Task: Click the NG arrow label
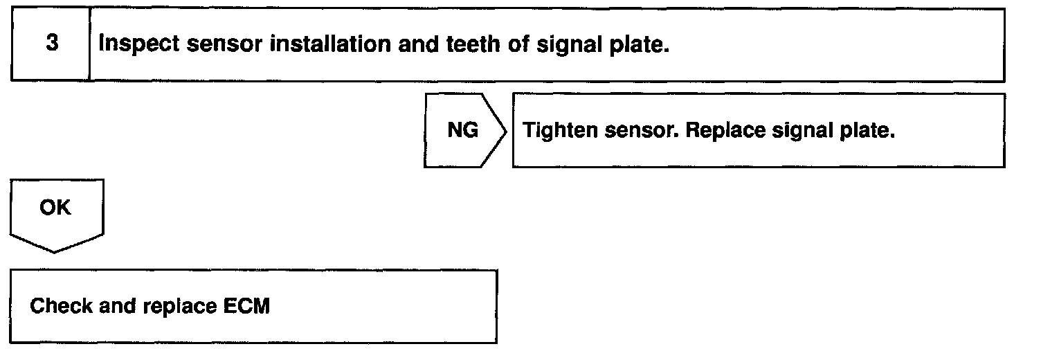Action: [x=463, y=131]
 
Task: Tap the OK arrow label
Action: [x=55, y=207]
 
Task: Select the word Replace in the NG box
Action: [x=724, y=131]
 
